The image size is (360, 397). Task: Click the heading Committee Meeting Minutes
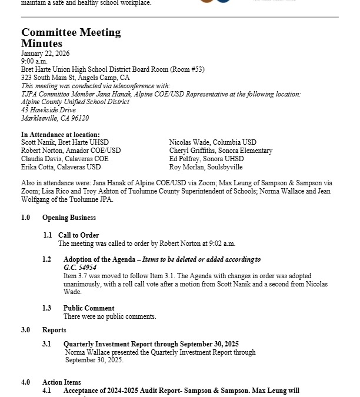coord(71,38)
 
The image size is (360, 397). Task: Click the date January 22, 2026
coord(45,54)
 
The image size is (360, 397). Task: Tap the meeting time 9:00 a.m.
coord(34,61)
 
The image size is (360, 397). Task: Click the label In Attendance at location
coord(61,135)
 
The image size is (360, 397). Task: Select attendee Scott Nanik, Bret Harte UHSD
coord(65,142)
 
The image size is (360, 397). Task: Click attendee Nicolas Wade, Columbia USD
coord(212,142)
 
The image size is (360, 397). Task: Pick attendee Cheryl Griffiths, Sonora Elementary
coord(221,151)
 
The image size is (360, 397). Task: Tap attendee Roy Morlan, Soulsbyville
coord(206,167)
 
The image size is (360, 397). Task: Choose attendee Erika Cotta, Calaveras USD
coord(61,167)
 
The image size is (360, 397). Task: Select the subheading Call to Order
coord(78,235)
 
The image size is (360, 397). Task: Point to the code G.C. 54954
coord(80,268)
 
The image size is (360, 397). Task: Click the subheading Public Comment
coord(89,308)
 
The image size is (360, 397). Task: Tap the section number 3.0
coord(26,330)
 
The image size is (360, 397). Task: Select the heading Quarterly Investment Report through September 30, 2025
coord(151,344)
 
